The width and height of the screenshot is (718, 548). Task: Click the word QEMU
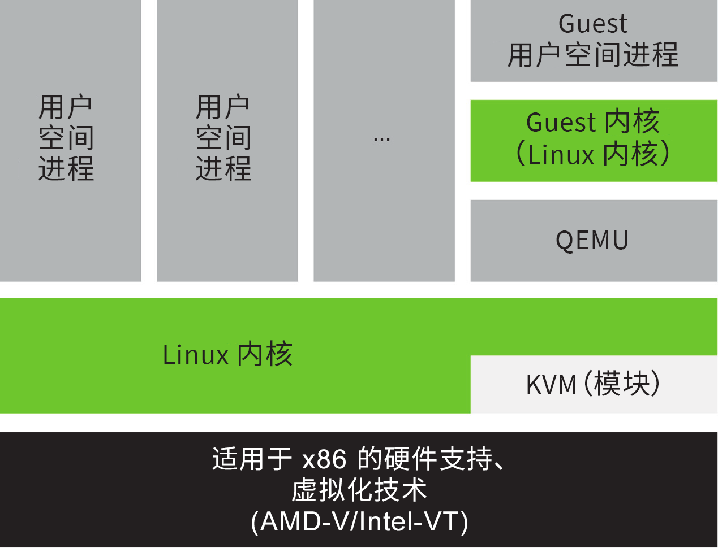point(592,241)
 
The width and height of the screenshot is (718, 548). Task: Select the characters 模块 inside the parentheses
point(622,384)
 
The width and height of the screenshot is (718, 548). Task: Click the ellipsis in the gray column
point(382,139)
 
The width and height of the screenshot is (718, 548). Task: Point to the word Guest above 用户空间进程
point(592,24)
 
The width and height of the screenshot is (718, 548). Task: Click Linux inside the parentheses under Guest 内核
point(561,155)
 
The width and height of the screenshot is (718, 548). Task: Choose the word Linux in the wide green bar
point(195,355)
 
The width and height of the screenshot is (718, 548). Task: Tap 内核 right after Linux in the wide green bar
point(264,355)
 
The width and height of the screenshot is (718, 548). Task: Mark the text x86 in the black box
point(324,459)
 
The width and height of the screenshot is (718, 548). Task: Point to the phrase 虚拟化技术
point(359,490)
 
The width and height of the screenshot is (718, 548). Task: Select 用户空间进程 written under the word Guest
point(593,55)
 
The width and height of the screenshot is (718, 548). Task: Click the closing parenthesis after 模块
point(655,384)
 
